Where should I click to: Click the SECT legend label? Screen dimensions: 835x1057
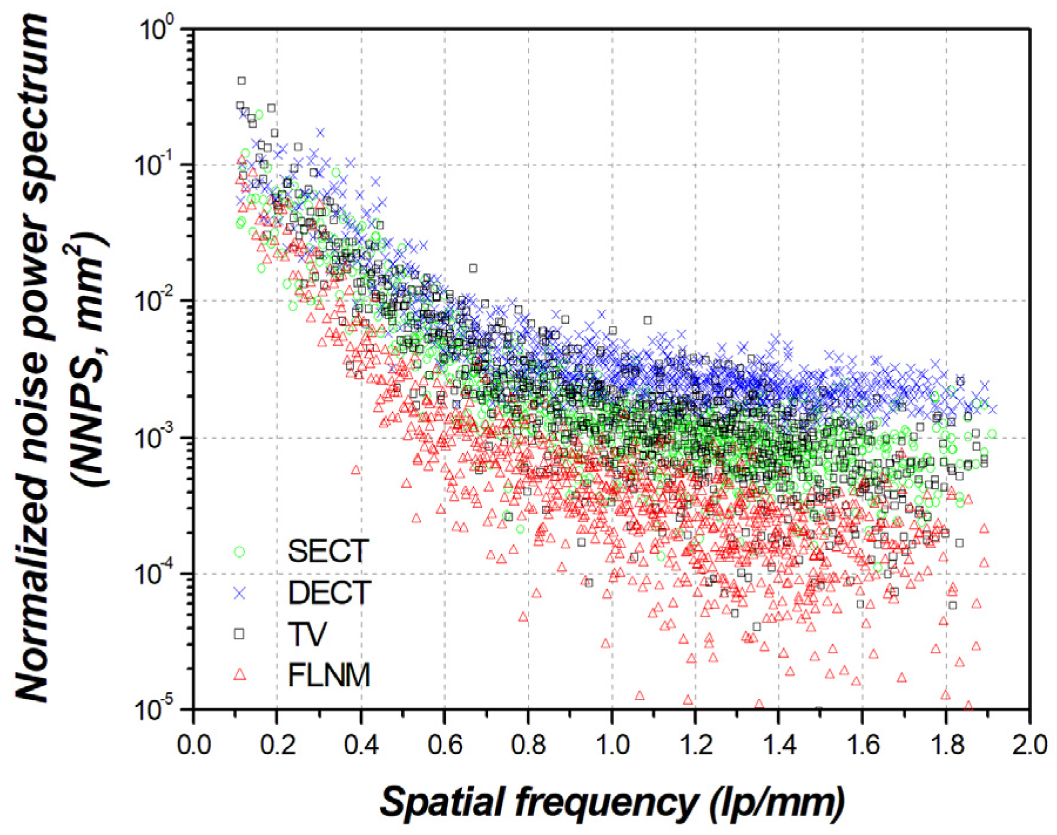pyautogui.click(x=327, y=551)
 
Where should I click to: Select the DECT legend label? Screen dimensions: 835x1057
pyautogui.click(x=329, y=593)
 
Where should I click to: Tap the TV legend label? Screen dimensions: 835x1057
pyautogui.click(x=307, y=634)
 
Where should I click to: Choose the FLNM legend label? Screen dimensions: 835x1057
pyautogui.click(x=328, y=675)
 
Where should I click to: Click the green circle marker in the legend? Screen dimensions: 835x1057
pyautogui.click(x=239, y=552)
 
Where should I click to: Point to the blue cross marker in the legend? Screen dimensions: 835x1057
pyautogui.click(x=239, y=593)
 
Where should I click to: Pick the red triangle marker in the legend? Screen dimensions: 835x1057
pyautogui.click(x=239, y=675)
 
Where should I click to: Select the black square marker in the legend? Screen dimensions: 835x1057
pyautogui.click(x=239, y=634)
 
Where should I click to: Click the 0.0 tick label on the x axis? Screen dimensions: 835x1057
pyautogui.click(x=193, y=745)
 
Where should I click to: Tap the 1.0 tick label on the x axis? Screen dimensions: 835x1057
pyautogui.click(x=612, y=745)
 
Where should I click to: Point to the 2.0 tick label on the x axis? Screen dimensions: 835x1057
pyautogui.click(x=1029, y=745)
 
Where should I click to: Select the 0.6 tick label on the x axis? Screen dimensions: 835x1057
pyautogui.click(x=444, y=745)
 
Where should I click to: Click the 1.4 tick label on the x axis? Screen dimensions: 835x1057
pyautogui.click(x=779, y=745)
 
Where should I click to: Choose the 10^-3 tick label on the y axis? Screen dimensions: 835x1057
pyautogui.click(x=154, y=438)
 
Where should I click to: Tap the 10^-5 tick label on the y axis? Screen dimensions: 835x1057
pyautogui.click(x=154, y=711)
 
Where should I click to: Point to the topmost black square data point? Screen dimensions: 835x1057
pyautogui.click(x=242, y=80)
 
